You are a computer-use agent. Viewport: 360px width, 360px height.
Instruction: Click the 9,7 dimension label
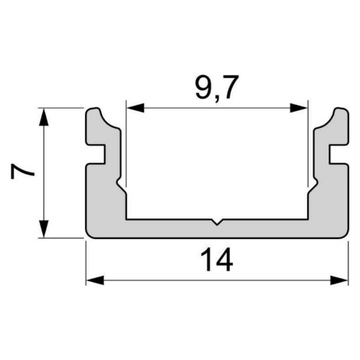217,87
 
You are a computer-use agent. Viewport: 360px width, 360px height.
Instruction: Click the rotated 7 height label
22,171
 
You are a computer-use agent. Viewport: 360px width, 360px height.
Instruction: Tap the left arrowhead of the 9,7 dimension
136,108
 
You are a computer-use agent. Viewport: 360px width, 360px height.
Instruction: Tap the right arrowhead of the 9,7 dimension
299,108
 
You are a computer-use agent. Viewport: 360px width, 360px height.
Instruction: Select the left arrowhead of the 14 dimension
95,280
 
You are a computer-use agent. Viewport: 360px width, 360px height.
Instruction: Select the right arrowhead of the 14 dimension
339,280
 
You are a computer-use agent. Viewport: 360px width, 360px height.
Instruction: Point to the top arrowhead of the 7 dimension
44,117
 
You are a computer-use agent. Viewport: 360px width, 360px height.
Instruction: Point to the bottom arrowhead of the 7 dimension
44,229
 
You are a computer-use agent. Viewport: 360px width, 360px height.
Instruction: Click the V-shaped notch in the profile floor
217,222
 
